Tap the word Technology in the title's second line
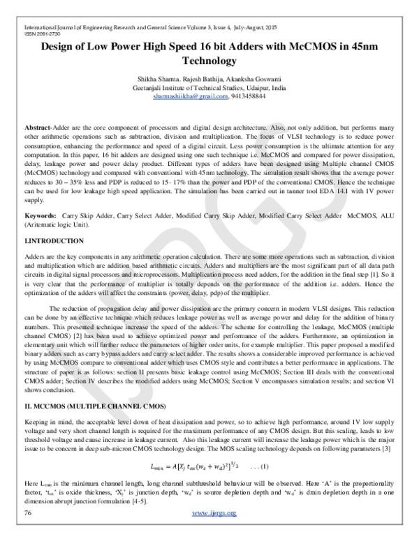(209, 61)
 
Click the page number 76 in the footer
(29, 533)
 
